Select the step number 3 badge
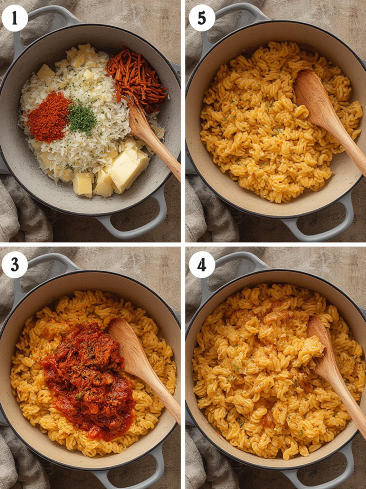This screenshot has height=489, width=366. (15, 265)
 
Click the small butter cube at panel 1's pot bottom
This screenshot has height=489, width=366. (83, 185)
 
